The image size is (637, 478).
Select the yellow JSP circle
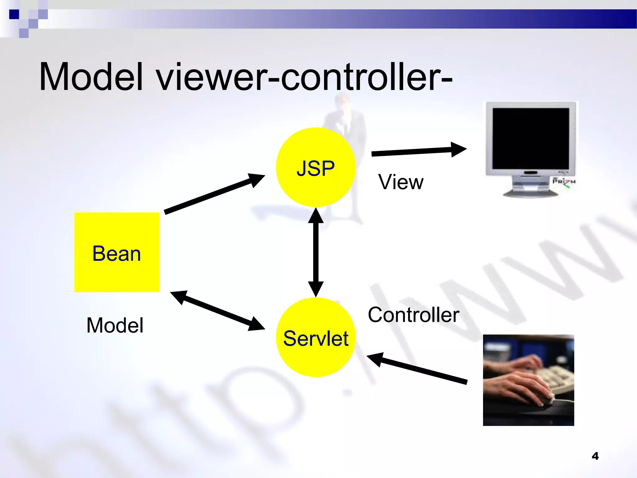click(315, 167)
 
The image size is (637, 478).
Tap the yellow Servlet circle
click(315, 338)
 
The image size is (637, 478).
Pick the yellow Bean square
click(117, 252)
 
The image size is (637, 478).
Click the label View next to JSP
click(401, 182)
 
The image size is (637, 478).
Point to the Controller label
click(413, 315)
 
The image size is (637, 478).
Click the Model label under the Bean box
click(115, 326)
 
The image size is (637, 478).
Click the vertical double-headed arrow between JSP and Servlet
click(316, 252)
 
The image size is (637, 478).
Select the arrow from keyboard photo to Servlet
click(417, 369)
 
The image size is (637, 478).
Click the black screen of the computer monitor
click(531, 138)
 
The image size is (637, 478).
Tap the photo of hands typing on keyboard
click(528, 380)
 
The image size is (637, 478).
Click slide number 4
click(595, 456)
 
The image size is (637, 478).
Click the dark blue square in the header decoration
click(14, 14)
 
